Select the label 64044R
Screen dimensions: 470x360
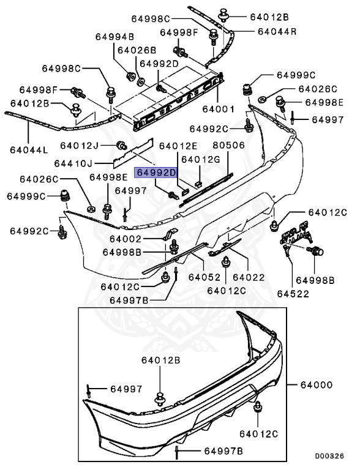coord(276,31)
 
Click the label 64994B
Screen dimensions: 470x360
coord(114,37)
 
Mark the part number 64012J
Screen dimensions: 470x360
coord(80,145)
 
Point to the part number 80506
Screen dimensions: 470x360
coord(229,146)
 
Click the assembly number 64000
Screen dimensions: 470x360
coord(317,385)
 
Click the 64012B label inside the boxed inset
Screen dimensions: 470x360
coord(162,361)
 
